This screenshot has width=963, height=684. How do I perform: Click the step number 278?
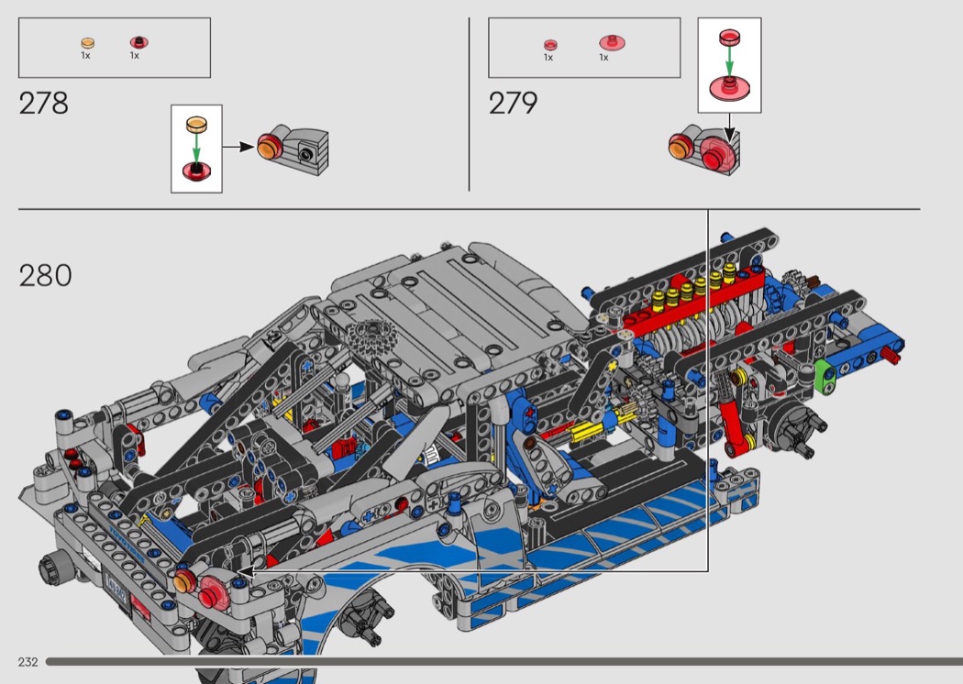pyautogui.click(x=43, y=104)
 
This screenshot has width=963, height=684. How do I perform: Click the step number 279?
pyautogui.click(x=513, y=103)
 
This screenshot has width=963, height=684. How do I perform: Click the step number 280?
pyautogui.click(x=45, y=275)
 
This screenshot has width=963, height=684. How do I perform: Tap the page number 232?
pyautogui.click(x=28, y=662)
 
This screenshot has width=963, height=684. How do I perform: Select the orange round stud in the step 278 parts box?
pyautogui.click(x=88, y=43)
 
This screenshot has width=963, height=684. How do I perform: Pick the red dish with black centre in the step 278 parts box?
pyautogui.click(x=138, y=42)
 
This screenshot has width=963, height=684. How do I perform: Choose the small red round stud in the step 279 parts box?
pyautogui.click(x=550, y=45)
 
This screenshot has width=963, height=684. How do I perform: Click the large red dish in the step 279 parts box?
pyautogui.click(x=612, y=42)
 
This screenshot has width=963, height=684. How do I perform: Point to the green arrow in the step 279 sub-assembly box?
pyautogui.click(x=730, y=61)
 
